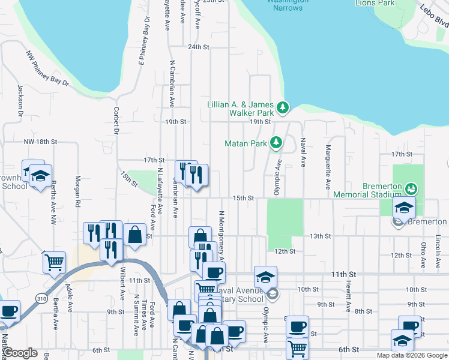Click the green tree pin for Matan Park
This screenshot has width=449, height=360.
pyautogui.click(x=276, y=143)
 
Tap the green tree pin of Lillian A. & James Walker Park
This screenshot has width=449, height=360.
pyautogui.click(x=283, y=108)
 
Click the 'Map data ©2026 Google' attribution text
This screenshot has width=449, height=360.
pyautogui.click(x=412, y=355)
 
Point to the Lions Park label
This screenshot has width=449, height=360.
pyautogui.click(x=375, y=3)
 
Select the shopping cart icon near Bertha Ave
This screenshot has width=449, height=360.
pyautogui.click(x=55, y=262)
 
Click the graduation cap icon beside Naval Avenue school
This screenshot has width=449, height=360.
pyautogui.click(x=265, y=277)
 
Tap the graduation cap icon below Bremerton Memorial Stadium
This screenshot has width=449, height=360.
pyautogui.click(x=404, y=208)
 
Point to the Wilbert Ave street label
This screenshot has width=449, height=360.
pyautogui.click(x=122, y=284)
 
